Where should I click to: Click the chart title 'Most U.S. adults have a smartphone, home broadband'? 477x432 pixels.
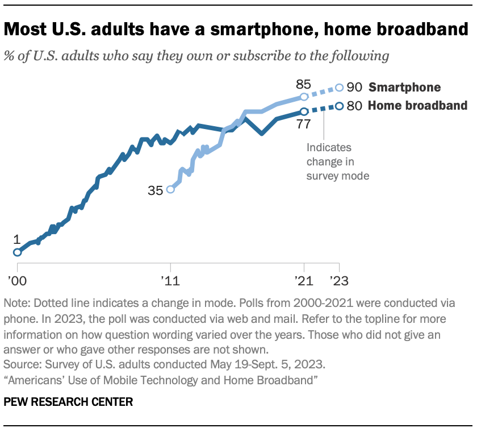(x=236, y=29)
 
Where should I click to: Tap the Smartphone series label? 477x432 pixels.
(x=404, y=88)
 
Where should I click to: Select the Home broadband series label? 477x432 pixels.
(x=418, y=106)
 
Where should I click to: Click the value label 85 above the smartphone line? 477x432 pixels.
(x=303, y=84)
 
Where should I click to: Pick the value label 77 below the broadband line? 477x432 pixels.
(x=304, y=123)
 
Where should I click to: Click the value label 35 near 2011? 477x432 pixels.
(x=155, y=191)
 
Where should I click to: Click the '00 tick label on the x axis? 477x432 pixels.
(x=17, y=280)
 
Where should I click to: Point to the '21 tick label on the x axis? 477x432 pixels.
(x=304, y=280)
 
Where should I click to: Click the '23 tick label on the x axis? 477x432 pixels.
(x=339, y=280)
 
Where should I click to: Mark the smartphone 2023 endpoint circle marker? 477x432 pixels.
(x=340, y=88)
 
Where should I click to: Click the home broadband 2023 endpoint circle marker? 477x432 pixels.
(x=340, y=106)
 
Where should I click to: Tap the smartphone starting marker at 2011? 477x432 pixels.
(x=170, y=190)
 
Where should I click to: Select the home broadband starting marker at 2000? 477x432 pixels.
(x=17, y=252)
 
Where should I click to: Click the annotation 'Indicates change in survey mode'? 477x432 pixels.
(x=338, y=161)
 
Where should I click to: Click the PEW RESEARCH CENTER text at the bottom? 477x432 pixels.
(x=68, y=402)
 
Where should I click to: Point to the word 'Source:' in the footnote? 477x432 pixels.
(x=21, y=365)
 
